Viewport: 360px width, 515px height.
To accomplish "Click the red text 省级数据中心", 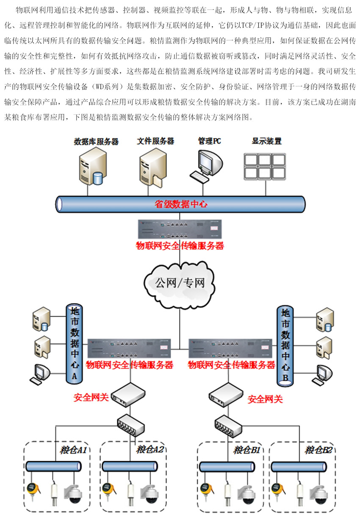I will [x=180, y=204].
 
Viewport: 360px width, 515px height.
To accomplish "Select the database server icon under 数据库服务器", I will [x=91, y=169].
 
